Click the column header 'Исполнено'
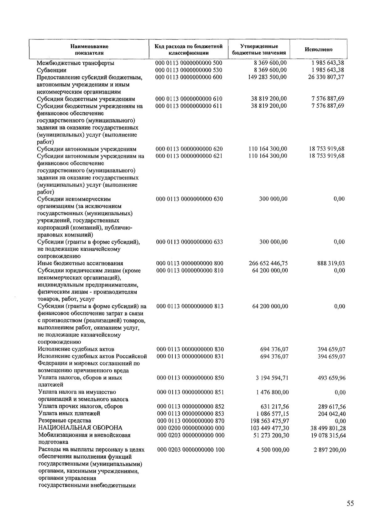tap(318, 50)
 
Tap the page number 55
tap(350, 503)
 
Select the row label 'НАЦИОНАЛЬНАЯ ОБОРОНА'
tap(80, 428)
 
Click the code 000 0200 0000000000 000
tap(191, 428)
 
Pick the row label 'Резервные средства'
tap(65, 421)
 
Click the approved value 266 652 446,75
tap(268, 263)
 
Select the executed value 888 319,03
tap(331, 263)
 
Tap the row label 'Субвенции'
tap(52, 70)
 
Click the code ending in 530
tap(189, 70)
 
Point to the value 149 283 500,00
tap(267, 77)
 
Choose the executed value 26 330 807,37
tap(326, 77)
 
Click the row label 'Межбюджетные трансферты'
tap(76, 63)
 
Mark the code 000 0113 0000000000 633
tap(190, 242)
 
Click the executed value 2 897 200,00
tap(330, 450)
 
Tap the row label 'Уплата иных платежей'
tap(69, 414)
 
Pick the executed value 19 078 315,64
tap(328, 435)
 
